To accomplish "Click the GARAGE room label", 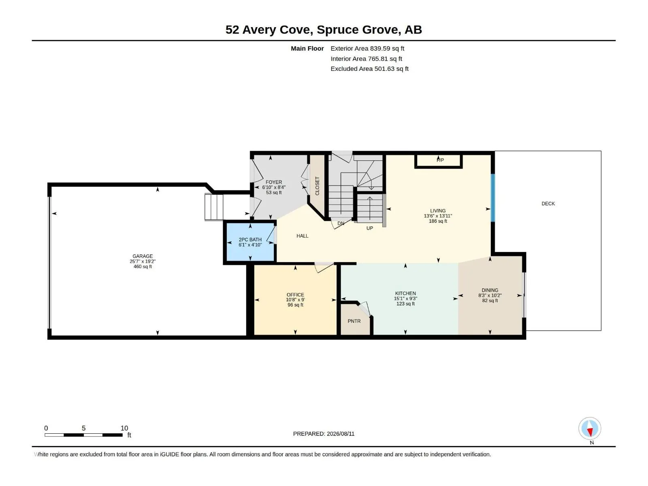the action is click(x=143, y=256).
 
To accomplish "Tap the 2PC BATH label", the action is click(x=250, y=240).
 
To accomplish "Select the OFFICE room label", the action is click(x=295, y=295).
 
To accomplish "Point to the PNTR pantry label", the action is click(x=354, y=321).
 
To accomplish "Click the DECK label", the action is click(x=548, y=204).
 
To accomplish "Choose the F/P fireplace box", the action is click(x=438, y=161).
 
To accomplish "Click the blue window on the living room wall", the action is click(x=493, y=198).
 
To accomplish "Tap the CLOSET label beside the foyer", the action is click(x=318, y=186).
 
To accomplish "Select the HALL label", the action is click(x=302, y=236).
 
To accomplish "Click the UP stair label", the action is click(x=370, y=228).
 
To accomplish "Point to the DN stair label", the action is click(x=341, y=224).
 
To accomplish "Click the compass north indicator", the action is click(x=590, y=428).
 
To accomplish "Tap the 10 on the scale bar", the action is click(x=124, y=428).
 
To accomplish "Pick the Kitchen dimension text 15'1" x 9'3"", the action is click(x=405, y=298).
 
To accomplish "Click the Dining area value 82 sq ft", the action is click(x=490, y=301).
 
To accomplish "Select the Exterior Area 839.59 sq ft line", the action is click(x=367, y=48).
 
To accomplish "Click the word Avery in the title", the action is click(x=261, y=30).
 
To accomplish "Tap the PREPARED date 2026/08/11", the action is click(x=340, y=434).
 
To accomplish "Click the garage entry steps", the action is click(x=214, y=207).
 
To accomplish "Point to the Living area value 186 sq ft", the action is click(x=438, y=221).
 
